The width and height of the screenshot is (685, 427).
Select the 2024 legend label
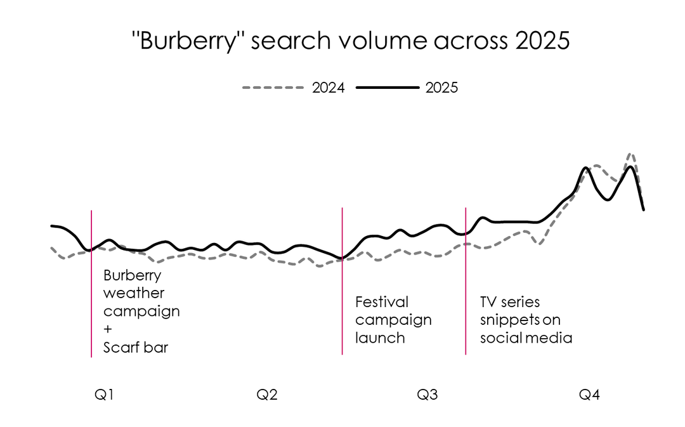329,88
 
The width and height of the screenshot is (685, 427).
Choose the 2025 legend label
441,88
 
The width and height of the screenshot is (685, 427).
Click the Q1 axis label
104,395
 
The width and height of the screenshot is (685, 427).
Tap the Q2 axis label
266,395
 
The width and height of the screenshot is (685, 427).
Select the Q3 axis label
427,395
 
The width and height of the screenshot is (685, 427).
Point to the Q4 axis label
589,395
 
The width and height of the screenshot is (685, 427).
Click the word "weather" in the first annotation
134,294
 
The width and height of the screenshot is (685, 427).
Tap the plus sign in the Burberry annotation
108,330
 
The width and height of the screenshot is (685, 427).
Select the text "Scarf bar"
136,348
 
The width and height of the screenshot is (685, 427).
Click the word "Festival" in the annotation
382,301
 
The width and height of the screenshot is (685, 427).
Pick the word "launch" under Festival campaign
380,338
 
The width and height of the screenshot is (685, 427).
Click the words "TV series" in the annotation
510,301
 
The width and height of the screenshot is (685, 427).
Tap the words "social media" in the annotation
526,338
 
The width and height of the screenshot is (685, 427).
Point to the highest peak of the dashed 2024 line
630,154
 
